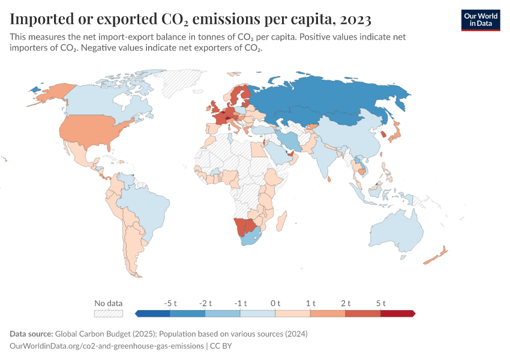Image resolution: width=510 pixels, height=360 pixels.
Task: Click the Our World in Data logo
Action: [481, 20]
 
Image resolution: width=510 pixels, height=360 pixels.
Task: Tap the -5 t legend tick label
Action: [170, 303]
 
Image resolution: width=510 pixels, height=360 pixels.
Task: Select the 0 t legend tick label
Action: [275, 303]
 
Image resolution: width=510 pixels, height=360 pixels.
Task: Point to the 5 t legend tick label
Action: [380, 303]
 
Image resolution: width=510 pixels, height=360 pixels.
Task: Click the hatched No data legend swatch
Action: [109, 313]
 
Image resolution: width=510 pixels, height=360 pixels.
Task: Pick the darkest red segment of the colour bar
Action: [398, 313]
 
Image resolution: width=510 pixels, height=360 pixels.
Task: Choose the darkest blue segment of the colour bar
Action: [153, 313]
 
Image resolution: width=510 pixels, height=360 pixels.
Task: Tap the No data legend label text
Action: [109, 303]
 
